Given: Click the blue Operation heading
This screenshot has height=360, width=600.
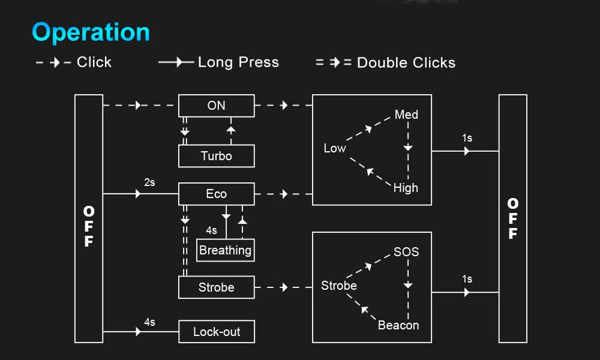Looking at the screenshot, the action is pos(91,32).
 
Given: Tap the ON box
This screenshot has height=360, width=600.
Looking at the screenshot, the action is pos(217,106).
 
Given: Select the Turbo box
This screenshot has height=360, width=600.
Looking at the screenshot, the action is pos(217,156).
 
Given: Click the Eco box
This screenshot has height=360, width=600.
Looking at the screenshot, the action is pos(217,194).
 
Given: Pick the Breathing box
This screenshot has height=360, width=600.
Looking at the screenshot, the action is pos(226,250).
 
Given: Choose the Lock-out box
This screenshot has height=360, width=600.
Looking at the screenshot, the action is pos(217,332).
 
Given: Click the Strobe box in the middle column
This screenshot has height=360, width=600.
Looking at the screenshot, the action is pos(217,287).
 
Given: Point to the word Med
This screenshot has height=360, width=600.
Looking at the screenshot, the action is pos(406,115).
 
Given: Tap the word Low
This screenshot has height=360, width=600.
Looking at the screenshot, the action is pos(335,148).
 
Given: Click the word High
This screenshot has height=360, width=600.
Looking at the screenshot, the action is pos(406,188).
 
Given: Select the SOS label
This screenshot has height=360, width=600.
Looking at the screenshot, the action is pos(406,252).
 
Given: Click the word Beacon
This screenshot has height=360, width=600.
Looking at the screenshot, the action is pos(398,325).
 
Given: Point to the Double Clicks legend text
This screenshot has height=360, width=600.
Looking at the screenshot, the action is pos(406,63).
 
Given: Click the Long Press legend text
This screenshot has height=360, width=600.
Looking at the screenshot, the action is pos(238,62).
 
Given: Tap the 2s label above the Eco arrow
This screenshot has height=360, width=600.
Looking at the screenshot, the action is pos(149,182).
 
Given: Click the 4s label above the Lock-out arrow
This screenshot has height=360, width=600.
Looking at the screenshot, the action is pos(149,322).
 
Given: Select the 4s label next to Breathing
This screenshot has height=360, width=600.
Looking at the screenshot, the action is pos(211,230).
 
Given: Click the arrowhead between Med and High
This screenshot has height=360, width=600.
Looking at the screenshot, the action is pos(408,148).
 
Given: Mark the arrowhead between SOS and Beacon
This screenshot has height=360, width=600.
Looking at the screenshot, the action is pos(408,285).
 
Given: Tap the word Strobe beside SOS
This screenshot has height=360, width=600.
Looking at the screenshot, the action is pos(339,286).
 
